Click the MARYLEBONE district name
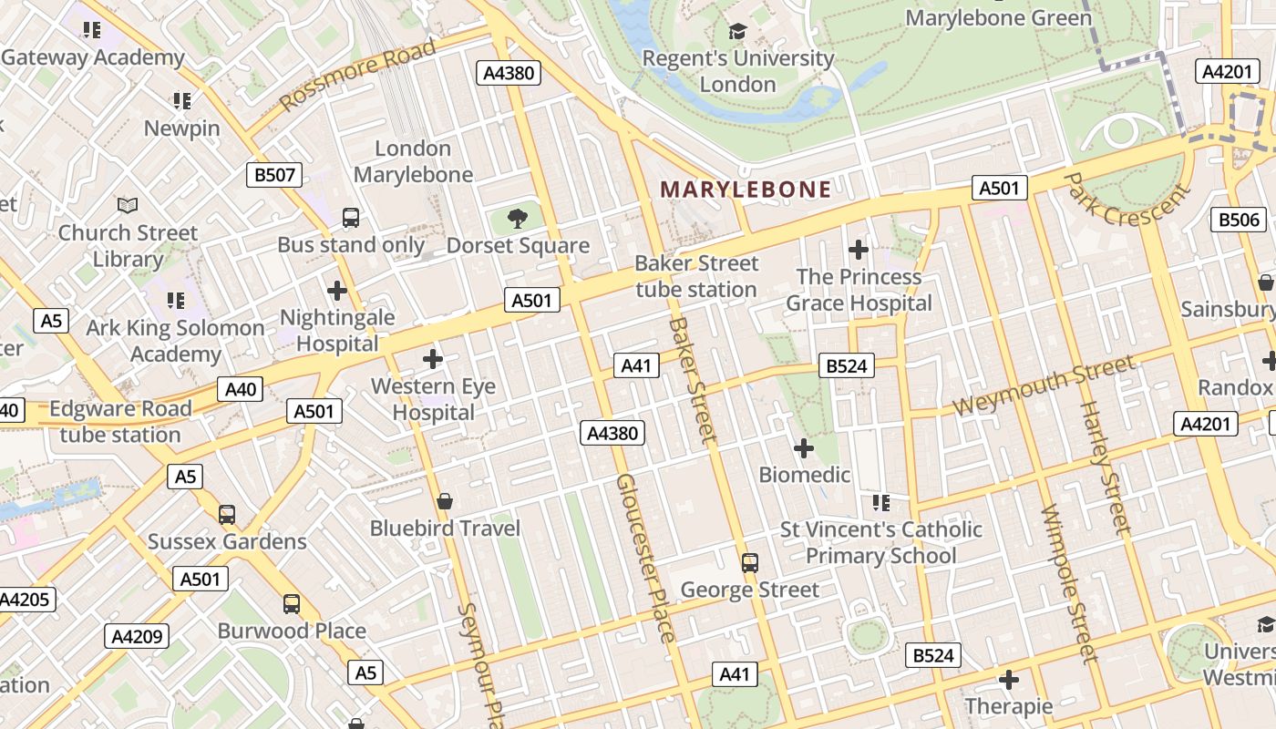coord(746,190)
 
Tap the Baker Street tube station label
coord(696,276)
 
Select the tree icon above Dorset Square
coord(518,219)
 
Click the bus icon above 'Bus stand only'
coord(351,218)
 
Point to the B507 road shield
coord(274,175)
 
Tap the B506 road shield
coord(1239,219)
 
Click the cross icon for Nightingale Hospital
coord(337,291)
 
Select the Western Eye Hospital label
coord(433,399)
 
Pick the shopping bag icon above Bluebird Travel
coord(445,501)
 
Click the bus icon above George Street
coord(750,562)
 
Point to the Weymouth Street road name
coord(1044,386)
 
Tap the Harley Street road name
coord(1106,467)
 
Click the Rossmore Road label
coord(357,75)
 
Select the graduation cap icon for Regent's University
coord(737,32)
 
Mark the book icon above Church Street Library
coord(128,206)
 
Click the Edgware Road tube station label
coord(120,421)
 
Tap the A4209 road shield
coord(137,636)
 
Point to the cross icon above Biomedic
coord(804,448)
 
